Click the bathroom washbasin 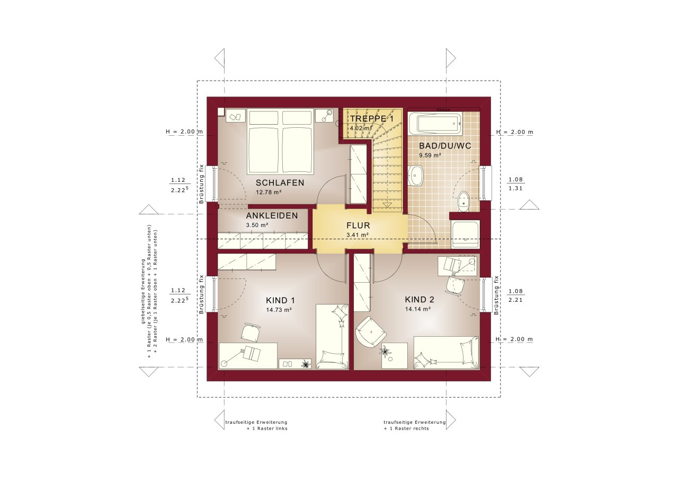(x=416, y=175)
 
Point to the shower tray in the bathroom (x=466, y=234)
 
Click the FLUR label (x=358, y=224)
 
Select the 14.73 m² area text (x=280, y=309)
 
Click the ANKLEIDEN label (x=272, y=216)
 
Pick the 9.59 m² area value (x=430, y=155)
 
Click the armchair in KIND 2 (x=370, y=331)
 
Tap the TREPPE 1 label (x=371, y=119)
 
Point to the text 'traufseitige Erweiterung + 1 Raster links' (x=256, y=425)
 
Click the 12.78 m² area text (x=269, y=193)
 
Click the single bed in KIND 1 (x=332, y=336)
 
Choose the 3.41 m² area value (x=358, y=234)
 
